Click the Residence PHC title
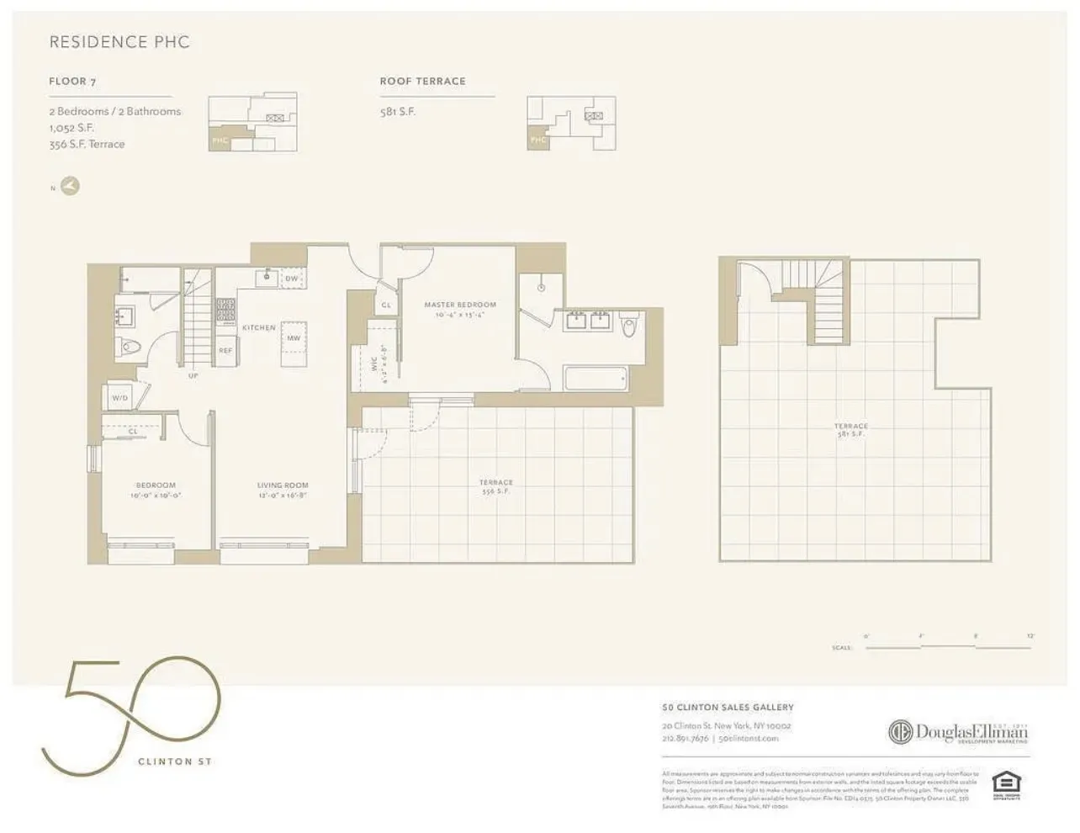119,42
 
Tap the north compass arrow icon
71,186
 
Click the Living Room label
282,485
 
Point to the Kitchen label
258,327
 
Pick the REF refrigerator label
225,350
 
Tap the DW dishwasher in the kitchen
292,279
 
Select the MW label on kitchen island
294,338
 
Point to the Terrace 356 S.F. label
495,486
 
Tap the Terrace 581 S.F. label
850,430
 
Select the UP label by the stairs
193,376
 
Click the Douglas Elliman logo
958,732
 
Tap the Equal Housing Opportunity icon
1001,783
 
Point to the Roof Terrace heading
422,82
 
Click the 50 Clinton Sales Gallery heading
728,708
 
